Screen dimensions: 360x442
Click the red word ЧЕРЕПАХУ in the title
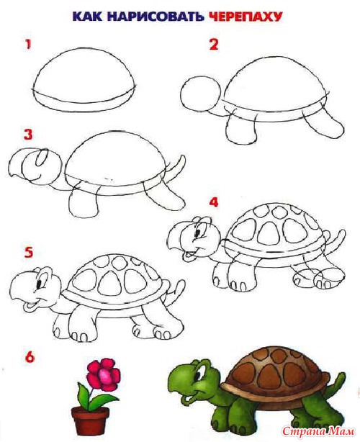tap(246, 17)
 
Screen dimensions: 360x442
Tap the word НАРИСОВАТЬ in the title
tap(155, 17)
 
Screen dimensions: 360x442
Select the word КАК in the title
tap(87, 17)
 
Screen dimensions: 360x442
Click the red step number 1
tap(27, 45)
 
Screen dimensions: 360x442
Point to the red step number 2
tap(214, 45)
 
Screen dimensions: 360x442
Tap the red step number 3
tap(28, 135)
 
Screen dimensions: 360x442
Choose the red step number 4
tap(214, 202)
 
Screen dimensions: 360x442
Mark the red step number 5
tap(28, 252)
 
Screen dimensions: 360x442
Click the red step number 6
tap(30, 357)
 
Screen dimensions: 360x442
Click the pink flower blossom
tap(104, 372)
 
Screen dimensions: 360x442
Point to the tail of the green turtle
tap(337, 383)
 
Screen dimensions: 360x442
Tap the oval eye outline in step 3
tap(42, 158)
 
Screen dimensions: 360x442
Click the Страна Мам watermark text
tap(318, 431)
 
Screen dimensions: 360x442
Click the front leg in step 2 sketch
tap(243, 132)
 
